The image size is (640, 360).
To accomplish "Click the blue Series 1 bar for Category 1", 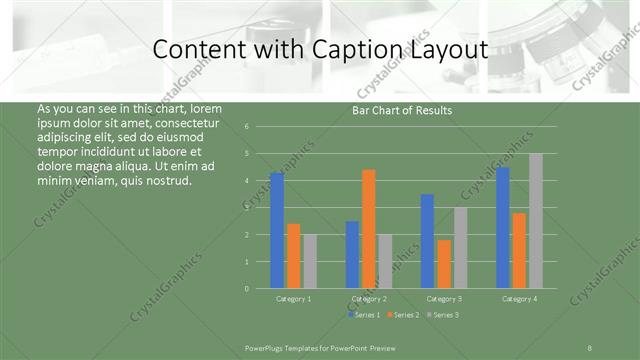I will (277, 230).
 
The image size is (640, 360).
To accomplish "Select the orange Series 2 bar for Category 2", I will (368, 228).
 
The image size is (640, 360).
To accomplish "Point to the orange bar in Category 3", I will (443, 263).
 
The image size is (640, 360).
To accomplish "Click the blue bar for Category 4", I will (502, 227).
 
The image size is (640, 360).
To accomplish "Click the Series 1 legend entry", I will (365, 315).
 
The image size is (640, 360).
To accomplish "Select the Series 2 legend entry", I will (402, 315).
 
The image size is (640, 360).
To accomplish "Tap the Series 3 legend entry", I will (442, 315).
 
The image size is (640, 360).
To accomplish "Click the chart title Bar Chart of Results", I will (402, 110).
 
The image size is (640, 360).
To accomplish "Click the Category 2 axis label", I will (369, 299).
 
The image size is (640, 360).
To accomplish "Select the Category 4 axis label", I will (519, 299).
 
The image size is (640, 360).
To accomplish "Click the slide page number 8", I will (589, 347).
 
